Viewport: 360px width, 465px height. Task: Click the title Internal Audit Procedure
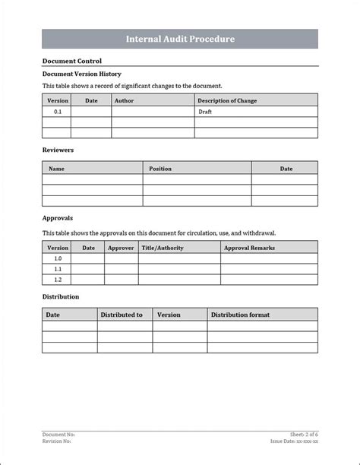click(x=180, y=39)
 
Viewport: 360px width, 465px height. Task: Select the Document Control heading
click(x=72, y=61)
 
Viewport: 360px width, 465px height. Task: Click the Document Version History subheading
click(x=81, y=74)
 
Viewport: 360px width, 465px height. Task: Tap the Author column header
click(x=124, y=100)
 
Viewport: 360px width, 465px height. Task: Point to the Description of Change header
click(x=228, y=100)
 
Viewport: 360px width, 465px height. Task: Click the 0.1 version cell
click(x=58, y=111)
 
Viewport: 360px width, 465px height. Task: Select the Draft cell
click(x=205, y=111)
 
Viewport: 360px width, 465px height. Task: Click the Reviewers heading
click(x=58, y=150)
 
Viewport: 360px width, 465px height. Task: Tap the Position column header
click(x=160, y=168)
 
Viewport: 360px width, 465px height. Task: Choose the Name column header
click(x=57, y=168)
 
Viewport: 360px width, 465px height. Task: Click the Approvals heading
click(x=58, y=217)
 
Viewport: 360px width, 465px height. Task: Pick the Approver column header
click(x=121, y=248)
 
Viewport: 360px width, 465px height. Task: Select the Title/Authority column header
click(x=163, y=248)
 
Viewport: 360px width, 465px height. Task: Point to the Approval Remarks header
click(x=249, y=248)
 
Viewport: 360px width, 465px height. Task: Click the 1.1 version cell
click(x=58, y=269)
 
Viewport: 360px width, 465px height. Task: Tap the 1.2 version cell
click(x=58, y=280)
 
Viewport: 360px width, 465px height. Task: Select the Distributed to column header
click(x=122, y=315)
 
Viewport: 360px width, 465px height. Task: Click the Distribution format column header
click(x=240, y=315)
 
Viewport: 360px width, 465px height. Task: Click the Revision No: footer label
click(x=57, y=441)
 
